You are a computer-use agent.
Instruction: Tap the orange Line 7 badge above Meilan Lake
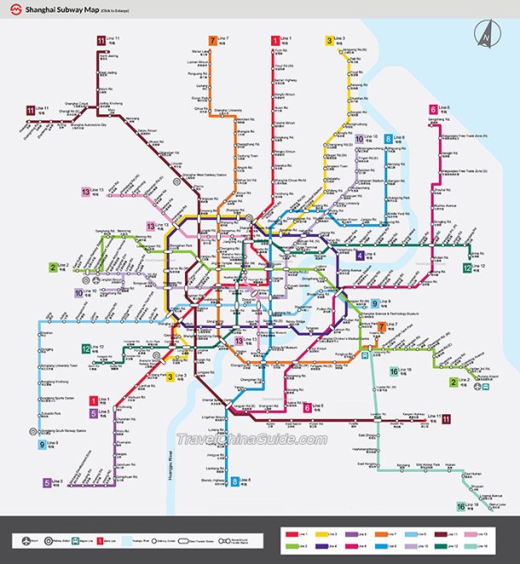[x=213, y=40]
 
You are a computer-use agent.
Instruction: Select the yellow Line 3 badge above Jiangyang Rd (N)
[x=329, y=40]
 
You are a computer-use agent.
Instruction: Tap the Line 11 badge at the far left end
[x=30, y=110]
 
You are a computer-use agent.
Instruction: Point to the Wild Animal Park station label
[x=426, y=464]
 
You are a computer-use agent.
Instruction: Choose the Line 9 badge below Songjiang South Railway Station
[x=41, y=444]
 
